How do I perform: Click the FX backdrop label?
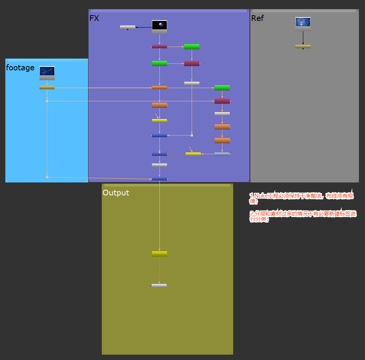tap(94, 18)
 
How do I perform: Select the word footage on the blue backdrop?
tap(20, 68)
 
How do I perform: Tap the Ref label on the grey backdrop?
tap(257, 18)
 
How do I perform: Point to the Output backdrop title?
tap(116, 193)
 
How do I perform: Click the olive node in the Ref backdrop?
tap(303, 46)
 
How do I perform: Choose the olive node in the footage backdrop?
tap(47, 87)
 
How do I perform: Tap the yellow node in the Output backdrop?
tap(160, 254)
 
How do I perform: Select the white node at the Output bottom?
tap(159, 285)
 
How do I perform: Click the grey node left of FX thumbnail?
tap(128, 27)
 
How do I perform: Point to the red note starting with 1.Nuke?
tap(301, 198)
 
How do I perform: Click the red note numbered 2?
tap(303, 216)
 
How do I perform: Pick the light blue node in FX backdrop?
tap(222, 154)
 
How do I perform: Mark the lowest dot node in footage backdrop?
tap(47, 177)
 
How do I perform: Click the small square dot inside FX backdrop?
tap(192, 135)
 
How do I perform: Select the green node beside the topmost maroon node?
tap(192, 47)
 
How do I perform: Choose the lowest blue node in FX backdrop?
tap(160, 179)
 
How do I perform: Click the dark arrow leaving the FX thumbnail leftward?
tap(144, 27)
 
